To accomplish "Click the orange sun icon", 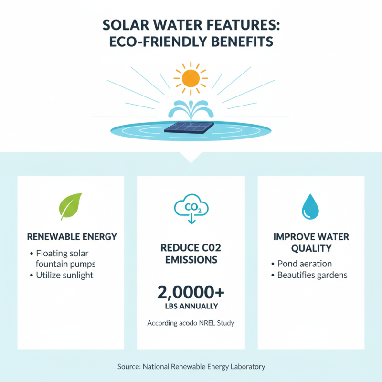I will (x=191, y=77).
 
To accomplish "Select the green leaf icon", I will (x=70, y=206).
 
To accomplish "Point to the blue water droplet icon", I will (x=309, y=206).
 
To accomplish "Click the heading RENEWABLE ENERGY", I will (x=72, y=237).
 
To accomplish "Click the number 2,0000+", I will (x=191, y=291).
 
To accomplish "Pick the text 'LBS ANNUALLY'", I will (x=191, y=306).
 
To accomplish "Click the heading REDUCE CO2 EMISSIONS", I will (x=191, y=254).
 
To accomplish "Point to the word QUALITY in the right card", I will (x=311, y=248).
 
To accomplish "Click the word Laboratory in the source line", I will (x=244, y=366).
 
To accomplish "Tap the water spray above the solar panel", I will (x=191, y=109).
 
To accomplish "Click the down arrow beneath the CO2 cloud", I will (x=191, y=220).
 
